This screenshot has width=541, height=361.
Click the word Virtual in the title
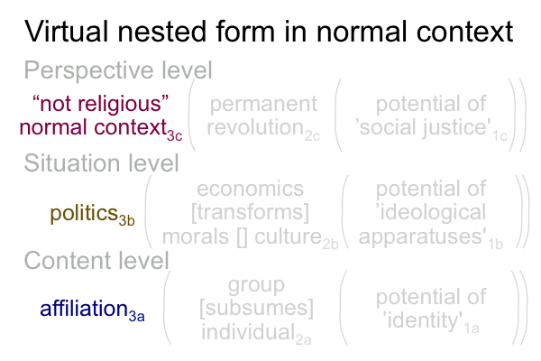pyautogui.click(x=66, y=32)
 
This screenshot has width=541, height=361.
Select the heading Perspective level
pyautogui.click(x=118, y=70)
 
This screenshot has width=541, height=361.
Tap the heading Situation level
pyautogui.click(x=101, y=162)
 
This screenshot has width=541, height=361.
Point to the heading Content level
pyautogui.click(x=96, y=260)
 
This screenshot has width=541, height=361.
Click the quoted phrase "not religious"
pyautogui.click(x=100, y=103)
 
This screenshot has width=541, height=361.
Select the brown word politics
pyautogui.click(x=84, y=213)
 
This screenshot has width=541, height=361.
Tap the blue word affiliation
pyautogui.click(x=84, y=308)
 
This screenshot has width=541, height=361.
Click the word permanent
pyautogui.click(x=263, y=105)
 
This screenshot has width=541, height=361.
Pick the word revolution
pyautogui.click(x=255, y=127)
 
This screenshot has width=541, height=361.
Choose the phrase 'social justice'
pyautogui.click(x=423, y=127)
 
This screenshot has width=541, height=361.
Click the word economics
pyautogui.click(x=250, y=189)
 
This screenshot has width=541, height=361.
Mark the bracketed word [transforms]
pyautogui.click(x=250, y=212)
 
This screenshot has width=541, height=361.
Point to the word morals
pyautogui.click(x=196, y=236)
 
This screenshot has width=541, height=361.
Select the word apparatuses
pyautogui.click(x=423, y=237)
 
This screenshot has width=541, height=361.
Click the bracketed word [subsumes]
pyautogui.click(x=257, y=308)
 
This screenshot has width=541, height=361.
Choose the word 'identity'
pyautogui.click(x=423, y=320)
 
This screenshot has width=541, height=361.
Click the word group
pyautogui.click(x=256, y=285)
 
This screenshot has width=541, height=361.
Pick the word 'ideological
pyautogui.click(x=431, y=212)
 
